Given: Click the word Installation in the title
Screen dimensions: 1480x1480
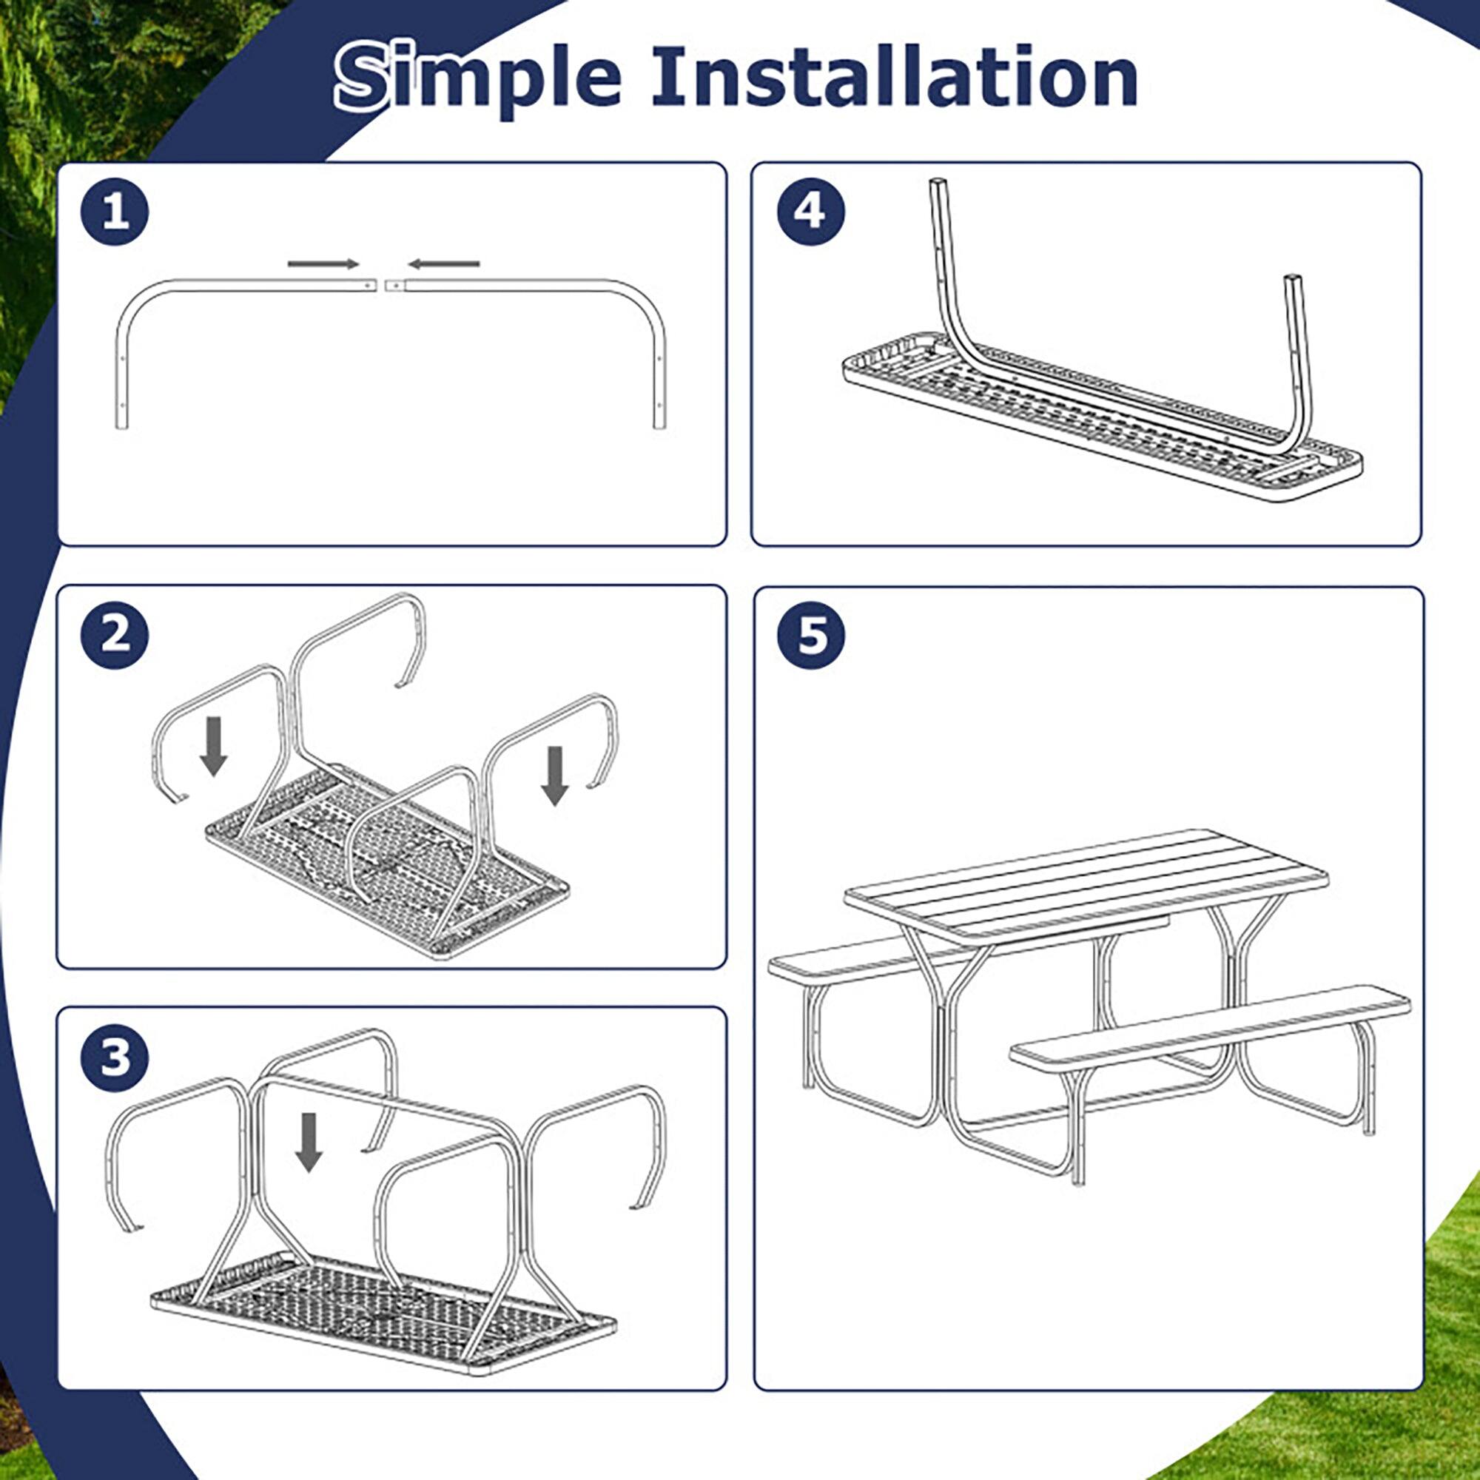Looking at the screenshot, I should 894,77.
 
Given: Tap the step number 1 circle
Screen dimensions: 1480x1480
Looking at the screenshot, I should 115,212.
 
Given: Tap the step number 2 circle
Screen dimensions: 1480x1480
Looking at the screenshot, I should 115,635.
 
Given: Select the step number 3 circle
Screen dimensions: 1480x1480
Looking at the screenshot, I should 115,1058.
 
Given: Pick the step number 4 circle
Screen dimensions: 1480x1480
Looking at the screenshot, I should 810,212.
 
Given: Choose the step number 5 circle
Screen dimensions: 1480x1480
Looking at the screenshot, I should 810,635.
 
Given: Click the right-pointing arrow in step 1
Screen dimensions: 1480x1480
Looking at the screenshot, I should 323,264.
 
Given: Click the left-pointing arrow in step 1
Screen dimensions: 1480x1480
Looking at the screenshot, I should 443,264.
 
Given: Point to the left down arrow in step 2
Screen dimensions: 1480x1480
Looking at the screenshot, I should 213,746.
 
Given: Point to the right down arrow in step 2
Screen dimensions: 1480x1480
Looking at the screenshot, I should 554,776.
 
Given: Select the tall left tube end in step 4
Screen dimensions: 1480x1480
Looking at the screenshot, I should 938,192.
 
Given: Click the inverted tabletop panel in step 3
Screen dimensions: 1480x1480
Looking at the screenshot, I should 383,1310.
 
